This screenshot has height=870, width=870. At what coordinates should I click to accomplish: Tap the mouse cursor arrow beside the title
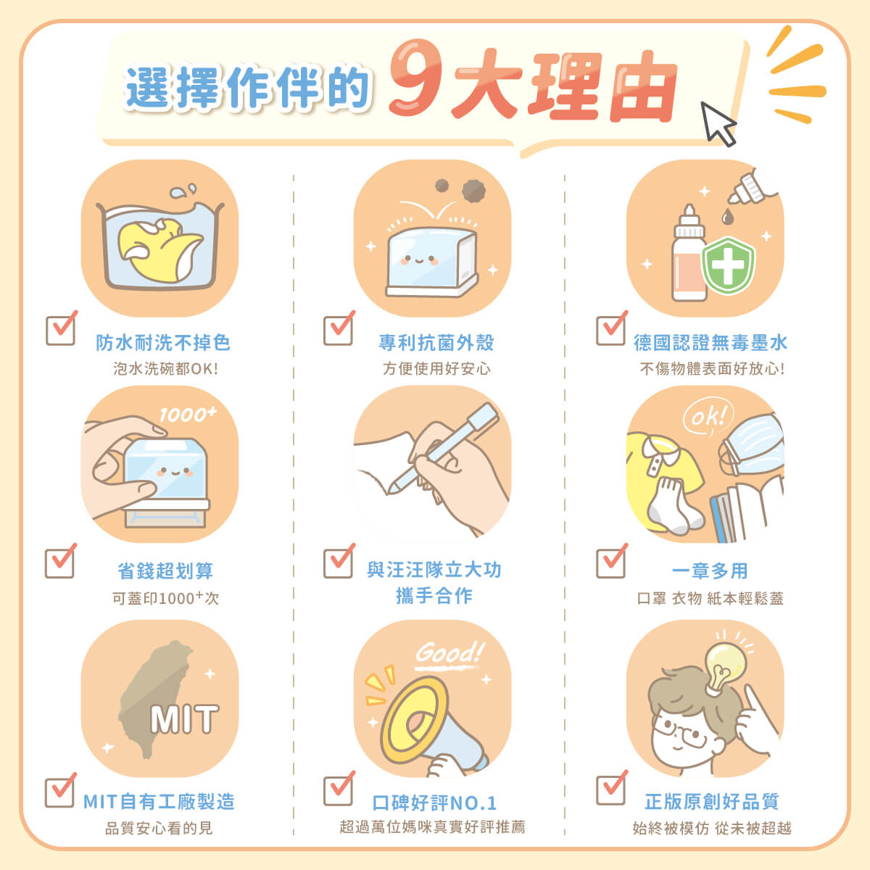[718, 123]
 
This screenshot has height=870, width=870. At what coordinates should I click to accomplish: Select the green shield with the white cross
[728, 265]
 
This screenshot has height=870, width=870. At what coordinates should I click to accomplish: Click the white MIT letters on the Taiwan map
[184, 719]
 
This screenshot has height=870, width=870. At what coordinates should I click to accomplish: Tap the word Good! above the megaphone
[449, 652]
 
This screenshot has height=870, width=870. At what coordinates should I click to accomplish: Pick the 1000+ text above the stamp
[188, 414]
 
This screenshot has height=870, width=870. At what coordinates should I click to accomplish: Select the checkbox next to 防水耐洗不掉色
[61, 329]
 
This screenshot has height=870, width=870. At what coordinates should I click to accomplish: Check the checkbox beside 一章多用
[611, 561]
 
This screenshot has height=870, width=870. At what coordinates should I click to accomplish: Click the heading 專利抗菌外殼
[436, 343]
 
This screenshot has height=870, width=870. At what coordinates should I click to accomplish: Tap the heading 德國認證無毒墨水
[710, 343]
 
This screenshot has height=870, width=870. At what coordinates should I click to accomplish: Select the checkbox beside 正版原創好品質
[611, 788]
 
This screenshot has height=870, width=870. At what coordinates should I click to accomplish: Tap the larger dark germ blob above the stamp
[473, 191]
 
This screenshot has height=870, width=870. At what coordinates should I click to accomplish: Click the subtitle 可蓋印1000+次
[166, 598]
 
